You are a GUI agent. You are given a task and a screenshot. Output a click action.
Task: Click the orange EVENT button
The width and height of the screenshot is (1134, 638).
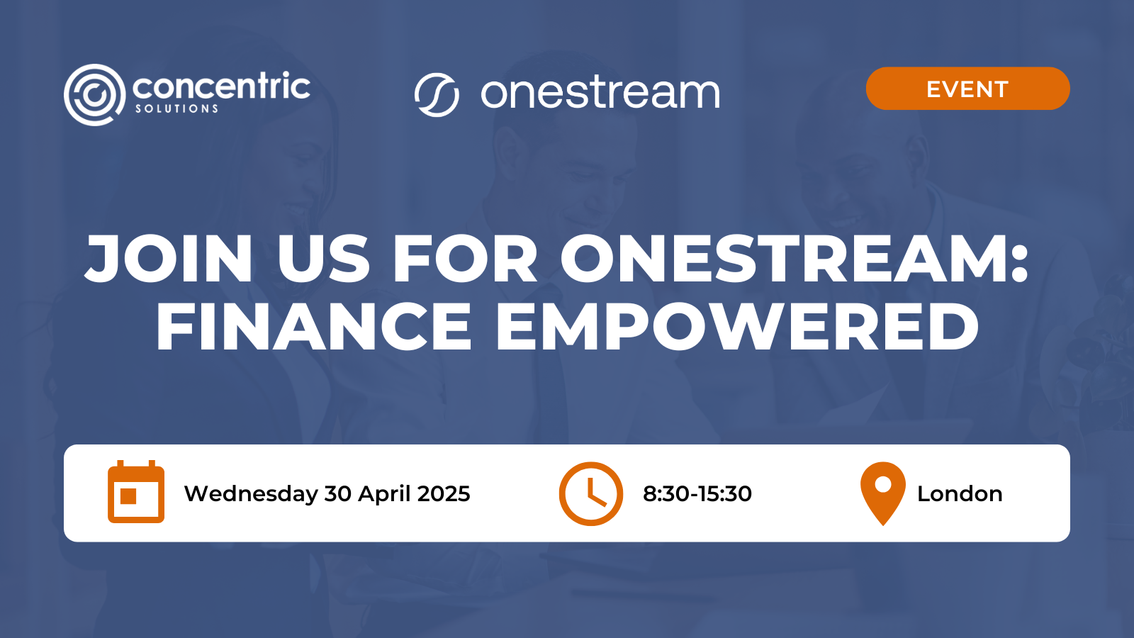pos(967,89)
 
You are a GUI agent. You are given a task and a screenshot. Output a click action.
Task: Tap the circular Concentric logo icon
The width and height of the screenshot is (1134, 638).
pos(94,94)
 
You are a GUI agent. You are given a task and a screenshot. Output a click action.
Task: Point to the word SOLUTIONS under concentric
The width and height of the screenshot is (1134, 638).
pos(177,108)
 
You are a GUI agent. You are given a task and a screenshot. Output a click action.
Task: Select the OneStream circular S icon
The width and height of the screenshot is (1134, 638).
pos(437,94)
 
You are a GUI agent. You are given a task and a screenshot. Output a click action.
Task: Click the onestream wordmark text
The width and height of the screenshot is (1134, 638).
pos(600,93)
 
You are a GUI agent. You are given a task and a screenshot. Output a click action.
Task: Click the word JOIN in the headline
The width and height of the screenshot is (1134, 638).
pos(169,259)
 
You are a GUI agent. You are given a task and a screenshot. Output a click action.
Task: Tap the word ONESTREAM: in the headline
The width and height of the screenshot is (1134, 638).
pos(794,259)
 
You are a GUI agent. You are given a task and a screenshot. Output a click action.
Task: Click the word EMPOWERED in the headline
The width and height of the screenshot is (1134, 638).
pos(737,327)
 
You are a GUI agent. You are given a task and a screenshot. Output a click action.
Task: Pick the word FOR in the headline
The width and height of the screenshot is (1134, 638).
pos(465,259)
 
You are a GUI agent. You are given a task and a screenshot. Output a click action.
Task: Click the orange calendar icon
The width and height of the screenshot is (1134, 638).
pos(136,493)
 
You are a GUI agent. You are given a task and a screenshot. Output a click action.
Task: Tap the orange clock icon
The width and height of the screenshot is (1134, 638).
pos(590,493)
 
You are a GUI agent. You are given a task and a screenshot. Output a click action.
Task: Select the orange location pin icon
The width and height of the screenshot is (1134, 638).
pos(882,493)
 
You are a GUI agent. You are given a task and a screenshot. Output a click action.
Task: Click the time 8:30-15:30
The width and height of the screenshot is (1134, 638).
pos(697,493)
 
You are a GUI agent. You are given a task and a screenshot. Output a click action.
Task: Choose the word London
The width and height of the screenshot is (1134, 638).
pos(960,493)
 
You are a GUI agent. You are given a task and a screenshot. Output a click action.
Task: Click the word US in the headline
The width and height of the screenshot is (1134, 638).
pos(323,259)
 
